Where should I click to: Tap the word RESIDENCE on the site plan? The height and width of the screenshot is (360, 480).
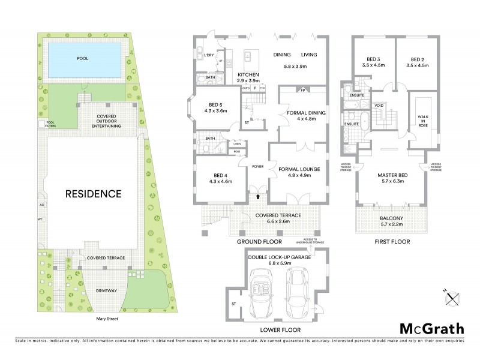click(x=93, y=194)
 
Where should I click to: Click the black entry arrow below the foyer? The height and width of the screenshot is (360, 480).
click(x=258, y=196)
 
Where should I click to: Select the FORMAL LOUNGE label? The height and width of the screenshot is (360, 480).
click(x=299, y=169)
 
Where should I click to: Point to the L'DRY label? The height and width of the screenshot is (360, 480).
click(x=209, y=55)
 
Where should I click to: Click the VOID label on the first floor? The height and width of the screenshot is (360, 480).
click(x=379, y=106)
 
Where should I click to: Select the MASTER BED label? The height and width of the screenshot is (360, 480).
click(x=393, y=175)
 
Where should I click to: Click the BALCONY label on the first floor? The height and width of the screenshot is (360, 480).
click(x=393, y=218)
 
